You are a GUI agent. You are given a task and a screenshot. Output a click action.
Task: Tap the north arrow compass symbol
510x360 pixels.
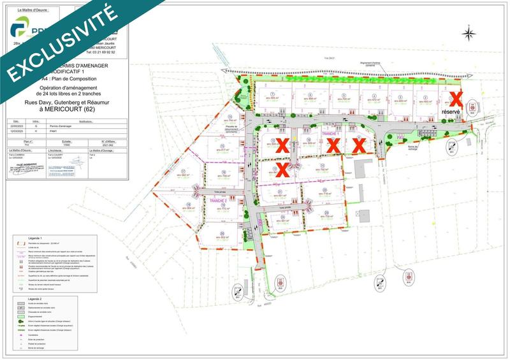[470, 34]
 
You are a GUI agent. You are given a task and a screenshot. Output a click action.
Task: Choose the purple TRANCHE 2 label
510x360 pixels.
[218, 201]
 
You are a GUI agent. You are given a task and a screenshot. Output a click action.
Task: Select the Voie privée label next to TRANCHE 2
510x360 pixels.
[220, 191]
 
